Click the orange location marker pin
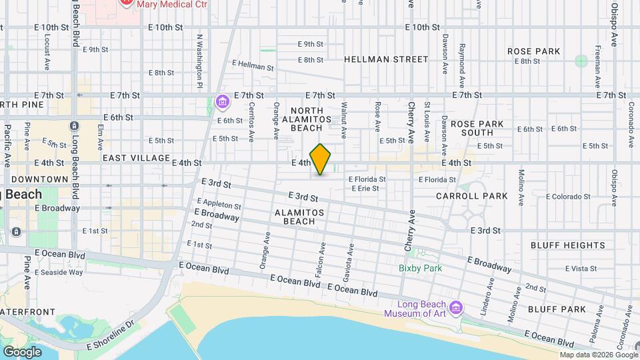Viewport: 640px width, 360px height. click(320, 159)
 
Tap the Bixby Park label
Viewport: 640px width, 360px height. click(421, 268)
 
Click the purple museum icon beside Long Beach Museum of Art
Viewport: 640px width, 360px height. click(456, 309)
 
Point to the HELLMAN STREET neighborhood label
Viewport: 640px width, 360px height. click(386, 59)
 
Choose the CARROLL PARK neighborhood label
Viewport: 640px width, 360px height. click(471, 196)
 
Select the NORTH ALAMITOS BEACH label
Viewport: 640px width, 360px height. click(307, 119)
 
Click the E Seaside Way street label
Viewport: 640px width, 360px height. click(59, 272)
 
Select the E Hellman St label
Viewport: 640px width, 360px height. click(253, 65)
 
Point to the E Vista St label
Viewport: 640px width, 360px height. click(581, 269)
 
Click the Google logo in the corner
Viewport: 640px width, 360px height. click(22, 351)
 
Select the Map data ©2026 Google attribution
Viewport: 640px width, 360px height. click(598, 355)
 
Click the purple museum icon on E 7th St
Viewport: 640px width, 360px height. click(223, 102)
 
